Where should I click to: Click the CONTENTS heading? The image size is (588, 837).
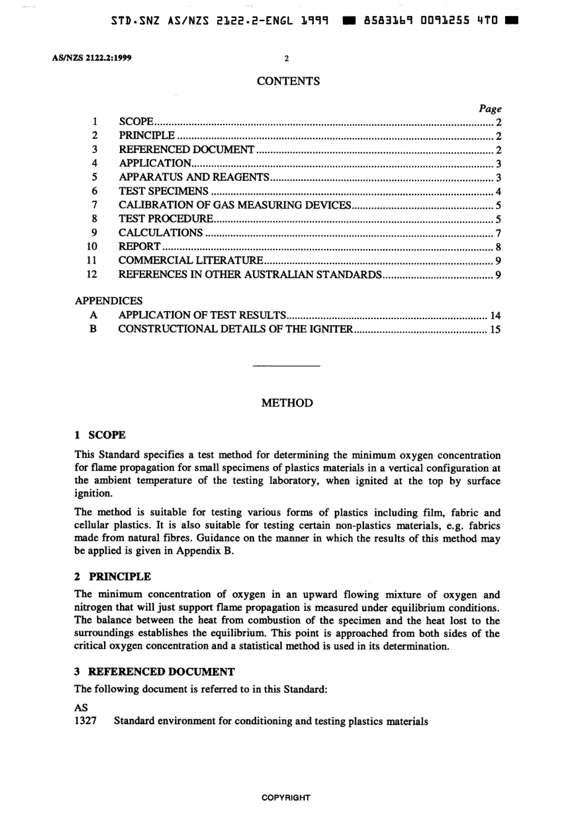pyautogui.click(x=288, y=81)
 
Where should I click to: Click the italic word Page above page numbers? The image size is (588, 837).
pyautogui.click(x=490, y=108)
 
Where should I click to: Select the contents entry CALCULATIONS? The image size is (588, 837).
pyautogui.click(x=160, y=233)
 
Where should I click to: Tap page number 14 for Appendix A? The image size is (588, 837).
pyautogui.click(x=495, y=315)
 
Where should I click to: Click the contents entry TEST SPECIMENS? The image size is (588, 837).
pyautogui.click(x=163, y=191)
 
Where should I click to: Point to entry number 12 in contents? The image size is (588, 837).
pyautogui.click(x=93, y=274)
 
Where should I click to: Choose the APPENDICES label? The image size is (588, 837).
pyautogui.click(x=108, y=300)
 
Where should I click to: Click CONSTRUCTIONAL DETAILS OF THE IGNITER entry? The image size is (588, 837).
pyautogui.click(x=235, y=329)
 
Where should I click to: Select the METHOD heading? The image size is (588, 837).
pyautogui.click(x=287, y=403)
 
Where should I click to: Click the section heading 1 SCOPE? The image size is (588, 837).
pyautogui.click(x=100, y=435)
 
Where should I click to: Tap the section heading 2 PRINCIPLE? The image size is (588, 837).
pyautogui.click(x=112, y=576)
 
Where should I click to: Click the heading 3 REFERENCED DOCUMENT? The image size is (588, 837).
pyautogui.click(x=154, y=672)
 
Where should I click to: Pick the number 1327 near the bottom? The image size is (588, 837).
pyautogui.click(x=85, y=721)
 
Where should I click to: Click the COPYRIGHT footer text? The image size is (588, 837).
pyautogui.click(x=286, y=798)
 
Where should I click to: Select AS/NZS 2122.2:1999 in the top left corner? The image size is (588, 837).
pyautogui.click(x=88, y=59)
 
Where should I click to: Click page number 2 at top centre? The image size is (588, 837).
pyautogui.click(x=287, y=59)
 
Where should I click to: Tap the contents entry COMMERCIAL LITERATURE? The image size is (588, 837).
pyautogui.click(x=191, y=261)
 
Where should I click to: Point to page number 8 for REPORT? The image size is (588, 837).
pyautogui.click(x=498, y=247)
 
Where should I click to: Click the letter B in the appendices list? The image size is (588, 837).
pyautogui.click(x=93, y=329)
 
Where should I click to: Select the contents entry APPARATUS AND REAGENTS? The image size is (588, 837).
pyautogui.click(x=194, y=177)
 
